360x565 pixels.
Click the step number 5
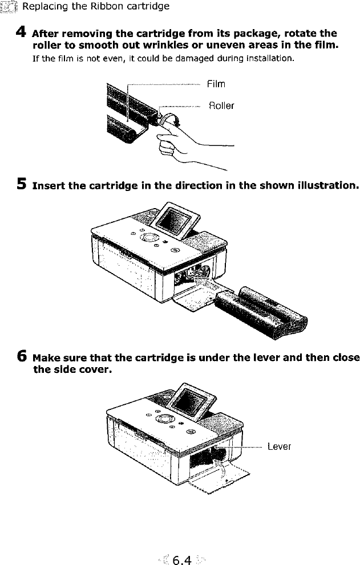22,185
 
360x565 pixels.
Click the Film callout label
216,84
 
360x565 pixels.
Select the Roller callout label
221,105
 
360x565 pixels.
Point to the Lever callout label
279,446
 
